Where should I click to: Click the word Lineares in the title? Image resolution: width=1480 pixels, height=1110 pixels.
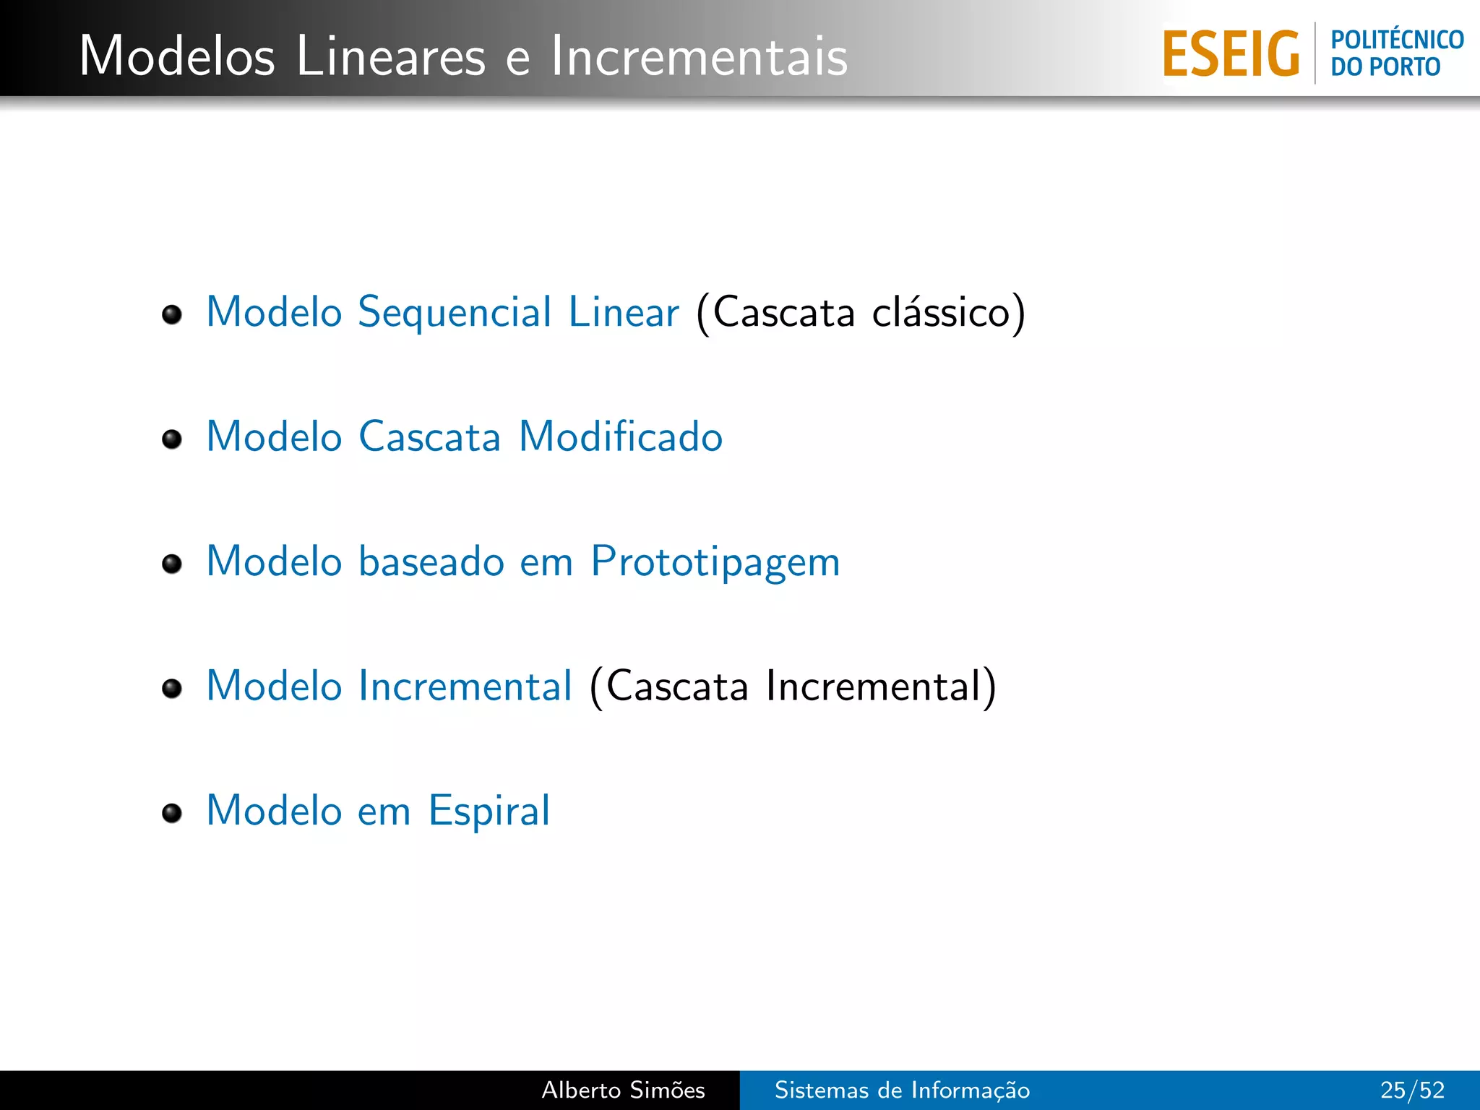tap(390, 56)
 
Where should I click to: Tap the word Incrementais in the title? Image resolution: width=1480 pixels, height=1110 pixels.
tap(699, 56)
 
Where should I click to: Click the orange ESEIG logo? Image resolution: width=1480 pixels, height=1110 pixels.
tap(1231, 53)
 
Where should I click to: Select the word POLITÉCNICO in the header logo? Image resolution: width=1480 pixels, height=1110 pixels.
tap(1397, 40)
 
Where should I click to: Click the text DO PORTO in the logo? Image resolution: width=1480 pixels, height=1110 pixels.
tap(1385, 67)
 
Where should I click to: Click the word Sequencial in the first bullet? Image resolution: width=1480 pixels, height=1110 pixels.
tap(455, 312)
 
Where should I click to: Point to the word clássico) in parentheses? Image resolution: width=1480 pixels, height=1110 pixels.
tap(948, 312)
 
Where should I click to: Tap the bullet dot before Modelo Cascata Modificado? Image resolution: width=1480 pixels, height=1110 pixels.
tap(172, 439)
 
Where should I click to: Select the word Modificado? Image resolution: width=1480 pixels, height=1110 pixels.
tap(621, 436)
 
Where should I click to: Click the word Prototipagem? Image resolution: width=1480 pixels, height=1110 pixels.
tap(715, 562)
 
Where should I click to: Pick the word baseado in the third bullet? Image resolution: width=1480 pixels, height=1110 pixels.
tap(431, 562)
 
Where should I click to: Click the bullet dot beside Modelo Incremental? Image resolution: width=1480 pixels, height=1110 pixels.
tap(172, 688)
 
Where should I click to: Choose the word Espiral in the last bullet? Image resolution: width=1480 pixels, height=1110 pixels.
tap(489, 811)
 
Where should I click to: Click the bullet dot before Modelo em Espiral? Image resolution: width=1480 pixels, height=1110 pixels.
tap(172, 813)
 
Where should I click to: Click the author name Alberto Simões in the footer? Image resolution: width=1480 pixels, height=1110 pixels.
tap(623, 1090)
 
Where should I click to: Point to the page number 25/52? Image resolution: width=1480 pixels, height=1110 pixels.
tap(1412, 1090)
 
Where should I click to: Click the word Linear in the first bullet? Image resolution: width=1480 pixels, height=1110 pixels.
tap(624, 312)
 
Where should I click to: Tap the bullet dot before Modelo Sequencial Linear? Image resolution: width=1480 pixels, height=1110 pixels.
tap(172, 314)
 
